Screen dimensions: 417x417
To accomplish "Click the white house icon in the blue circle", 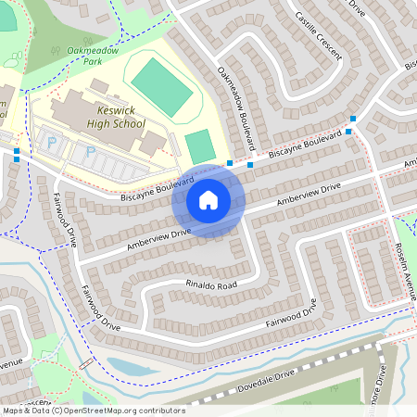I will click(x=208, y=200).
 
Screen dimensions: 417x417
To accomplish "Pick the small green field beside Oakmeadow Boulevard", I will click(x=199, y=146).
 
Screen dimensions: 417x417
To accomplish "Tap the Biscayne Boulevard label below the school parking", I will click(x=153, y=187).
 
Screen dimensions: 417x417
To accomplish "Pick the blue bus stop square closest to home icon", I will click(x=229, y=161).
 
